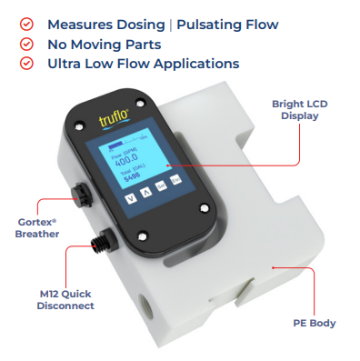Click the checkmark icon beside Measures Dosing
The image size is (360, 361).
(x=25, y=25)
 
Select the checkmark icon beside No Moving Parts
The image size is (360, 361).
(x=25, y=44)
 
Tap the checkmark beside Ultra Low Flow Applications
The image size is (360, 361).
(x=25, y=63)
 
